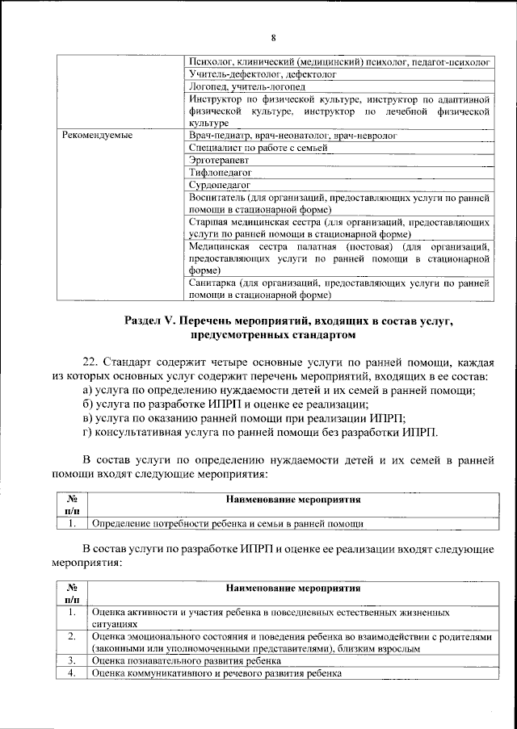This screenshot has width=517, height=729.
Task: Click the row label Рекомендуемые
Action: point(97,136)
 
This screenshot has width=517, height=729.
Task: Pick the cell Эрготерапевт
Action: point(216,160)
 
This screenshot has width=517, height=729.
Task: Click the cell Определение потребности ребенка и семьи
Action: point(227,524)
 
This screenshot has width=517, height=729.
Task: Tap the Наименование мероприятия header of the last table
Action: point(293,588)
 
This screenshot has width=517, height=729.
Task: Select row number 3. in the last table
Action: point(71,660)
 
